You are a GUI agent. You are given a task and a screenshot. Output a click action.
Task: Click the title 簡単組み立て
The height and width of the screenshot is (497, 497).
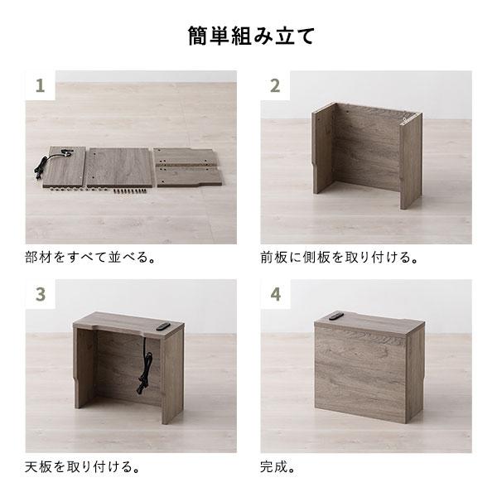[248, 37]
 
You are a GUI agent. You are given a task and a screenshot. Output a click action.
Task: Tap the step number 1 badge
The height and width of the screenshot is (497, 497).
[39, 85]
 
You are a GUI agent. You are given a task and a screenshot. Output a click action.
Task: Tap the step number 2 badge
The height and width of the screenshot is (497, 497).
[275, 85]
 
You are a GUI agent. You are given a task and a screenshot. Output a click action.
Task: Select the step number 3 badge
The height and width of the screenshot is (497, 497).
[39, 294]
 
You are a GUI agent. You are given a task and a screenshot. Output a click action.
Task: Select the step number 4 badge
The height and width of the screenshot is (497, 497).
[275, 294]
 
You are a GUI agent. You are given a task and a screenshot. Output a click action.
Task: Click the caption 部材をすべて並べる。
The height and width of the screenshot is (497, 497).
[91, 256]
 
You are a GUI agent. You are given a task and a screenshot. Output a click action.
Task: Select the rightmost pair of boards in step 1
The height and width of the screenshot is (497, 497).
[189, 166]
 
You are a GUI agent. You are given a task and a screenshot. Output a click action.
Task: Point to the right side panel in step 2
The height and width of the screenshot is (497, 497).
[412, 162]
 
